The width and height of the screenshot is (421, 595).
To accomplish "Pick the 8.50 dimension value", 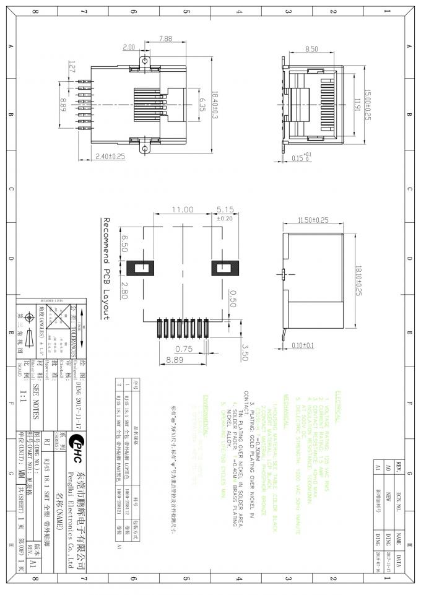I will point(311,48).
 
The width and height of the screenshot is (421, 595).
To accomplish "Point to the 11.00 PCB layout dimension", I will point(183,209).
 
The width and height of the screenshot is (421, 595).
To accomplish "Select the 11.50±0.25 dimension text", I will point(313,220).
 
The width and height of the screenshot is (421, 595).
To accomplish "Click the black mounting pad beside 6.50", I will point(144,269).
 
